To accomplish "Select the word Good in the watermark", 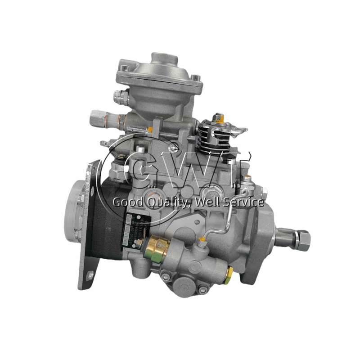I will tap(126, 202).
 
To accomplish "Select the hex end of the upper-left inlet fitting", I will tap(96, 118).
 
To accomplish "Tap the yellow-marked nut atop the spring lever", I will tap(219, 118).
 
